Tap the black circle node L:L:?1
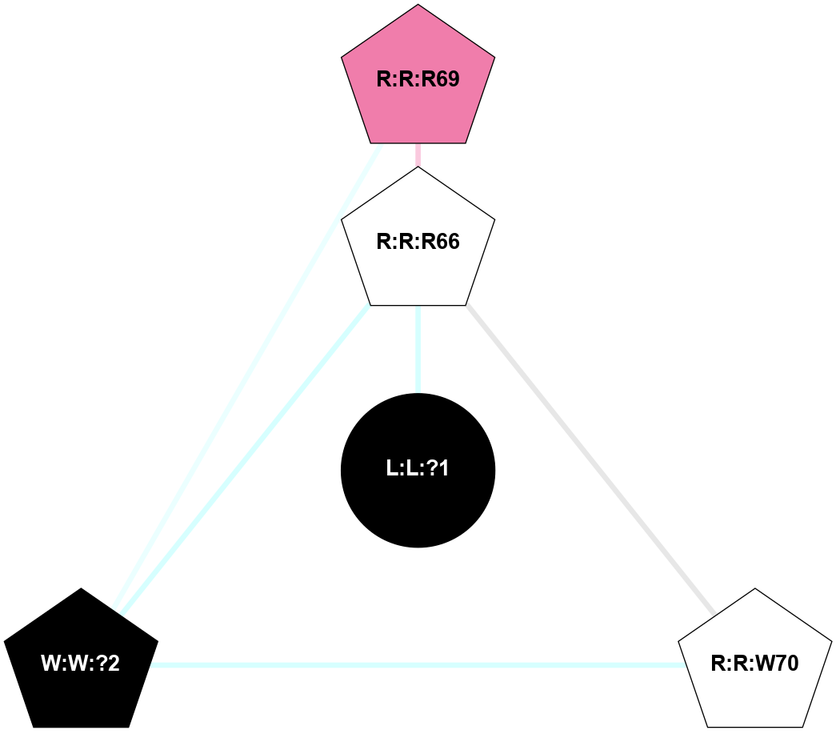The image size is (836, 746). pos(418,470)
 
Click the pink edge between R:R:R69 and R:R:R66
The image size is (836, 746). pos(418,154)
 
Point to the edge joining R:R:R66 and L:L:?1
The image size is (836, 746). pos(418,349)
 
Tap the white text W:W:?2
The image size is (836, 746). pos(81,664)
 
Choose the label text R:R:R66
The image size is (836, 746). pos(418,242)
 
